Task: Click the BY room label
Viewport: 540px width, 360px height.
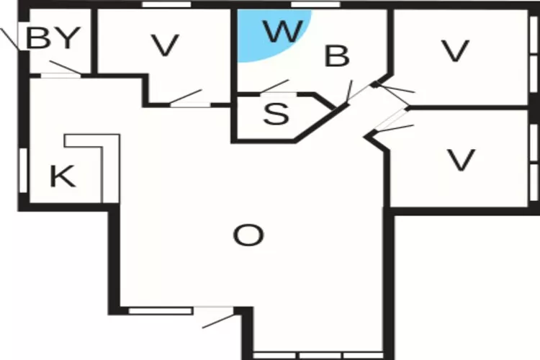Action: pos(53,38)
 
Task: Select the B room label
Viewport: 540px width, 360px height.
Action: pos(337,56)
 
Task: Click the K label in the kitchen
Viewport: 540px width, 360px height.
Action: pos(63,176)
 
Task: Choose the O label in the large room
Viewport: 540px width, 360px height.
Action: pos(248,235)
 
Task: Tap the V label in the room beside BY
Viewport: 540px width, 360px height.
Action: pos(166,45)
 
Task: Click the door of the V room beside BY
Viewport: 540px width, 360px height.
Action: pos(186,98)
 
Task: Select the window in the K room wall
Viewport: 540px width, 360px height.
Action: pos(23,170)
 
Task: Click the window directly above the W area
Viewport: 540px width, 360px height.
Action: pos(315,4)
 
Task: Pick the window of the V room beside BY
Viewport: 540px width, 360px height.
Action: pos(167,4)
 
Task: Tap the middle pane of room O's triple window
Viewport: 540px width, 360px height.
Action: pos(320,356)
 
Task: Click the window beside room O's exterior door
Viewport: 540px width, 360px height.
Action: pos(161,311)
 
